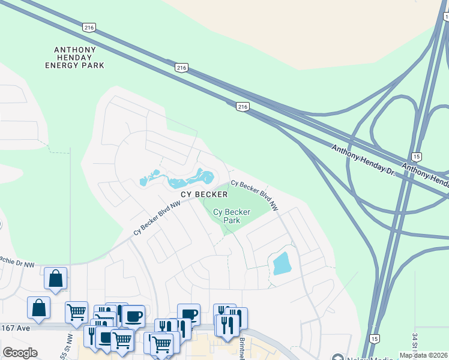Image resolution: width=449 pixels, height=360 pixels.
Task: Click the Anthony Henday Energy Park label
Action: [x=74, y=57]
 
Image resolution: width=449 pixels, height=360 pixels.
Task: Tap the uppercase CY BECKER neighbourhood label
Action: [x=205, y=194]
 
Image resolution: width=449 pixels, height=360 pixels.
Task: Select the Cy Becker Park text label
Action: [x=227, y=216]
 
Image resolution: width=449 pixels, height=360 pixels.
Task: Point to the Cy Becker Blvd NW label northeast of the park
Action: [x=255, y=195]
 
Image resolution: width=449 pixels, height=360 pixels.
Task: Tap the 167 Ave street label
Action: [x=12, y=328]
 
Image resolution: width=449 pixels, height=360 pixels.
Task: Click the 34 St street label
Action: [x=414, y=346]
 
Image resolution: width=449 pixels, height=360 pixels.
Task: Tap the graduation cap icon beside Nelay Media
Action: [x=337, y=356]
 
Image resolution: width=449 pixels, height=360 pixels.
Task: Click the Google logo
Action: [x=20, y=353]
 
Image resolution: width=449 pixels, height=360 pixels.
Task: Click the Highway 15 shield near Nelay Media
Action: [x=374, y=339]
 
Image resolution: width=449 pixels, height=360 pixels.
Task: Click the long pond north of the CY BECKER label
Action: [x=180, y=179]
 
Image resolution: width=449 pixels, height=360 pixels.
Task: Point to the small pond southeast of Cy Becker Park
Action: [x=280, y=263]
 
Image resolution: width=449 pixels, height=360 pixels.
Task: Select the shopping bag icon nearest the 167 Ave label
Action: [x=38, y=307]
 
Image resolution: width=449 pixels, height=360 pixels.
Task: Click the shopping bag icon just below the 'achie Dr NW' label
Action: [x=55, y=278]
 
